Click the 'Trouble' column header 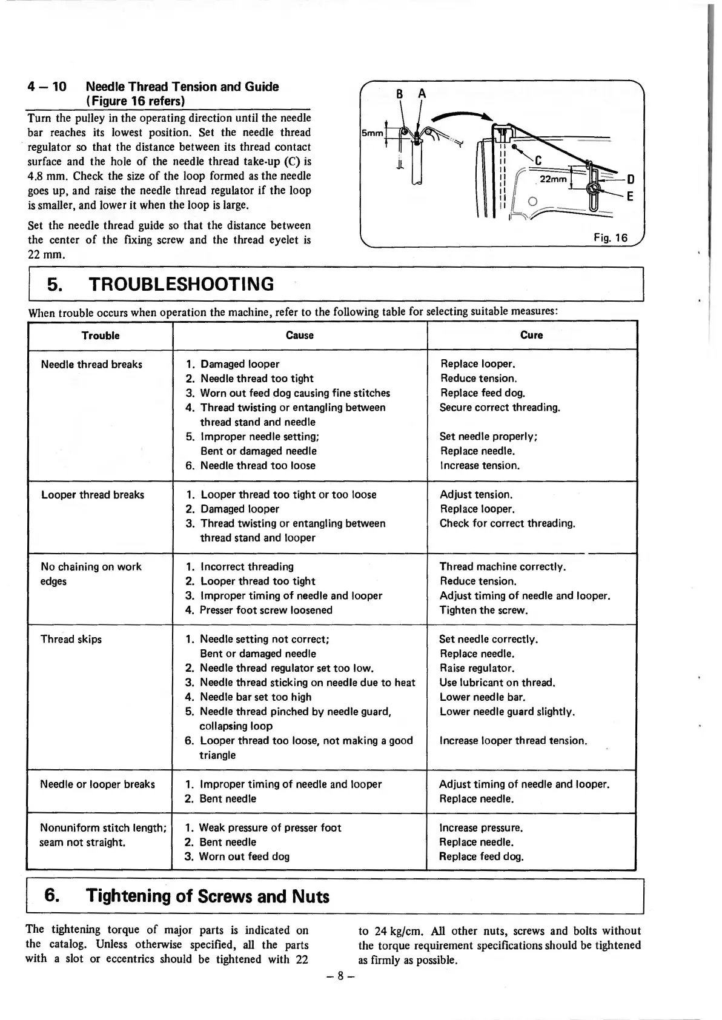tap(101, 336)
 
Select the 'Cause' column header tap(300, 335)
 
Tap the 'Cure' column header tap(531, 335)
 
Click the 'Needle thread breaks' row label tap(91, 364)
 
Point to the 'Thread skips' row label tap(71, 639)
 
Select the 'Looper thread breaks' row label tap(93, 495)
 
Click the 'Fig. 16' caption tap(611, 237)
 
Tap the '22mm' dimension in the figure tap(554, 179)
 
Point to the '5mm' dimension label tap(372, 133)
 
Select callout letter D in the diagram tap(631, 179)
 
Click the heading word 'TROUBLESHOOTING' tap(181, 284)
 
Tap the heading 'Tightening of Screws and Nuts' tap(207, 896)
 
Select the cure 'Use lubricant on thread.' tap(497, 683)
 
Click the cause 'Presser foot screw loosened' tap(266, 610)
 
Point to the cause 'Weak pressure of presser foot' tap(270, 827)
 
